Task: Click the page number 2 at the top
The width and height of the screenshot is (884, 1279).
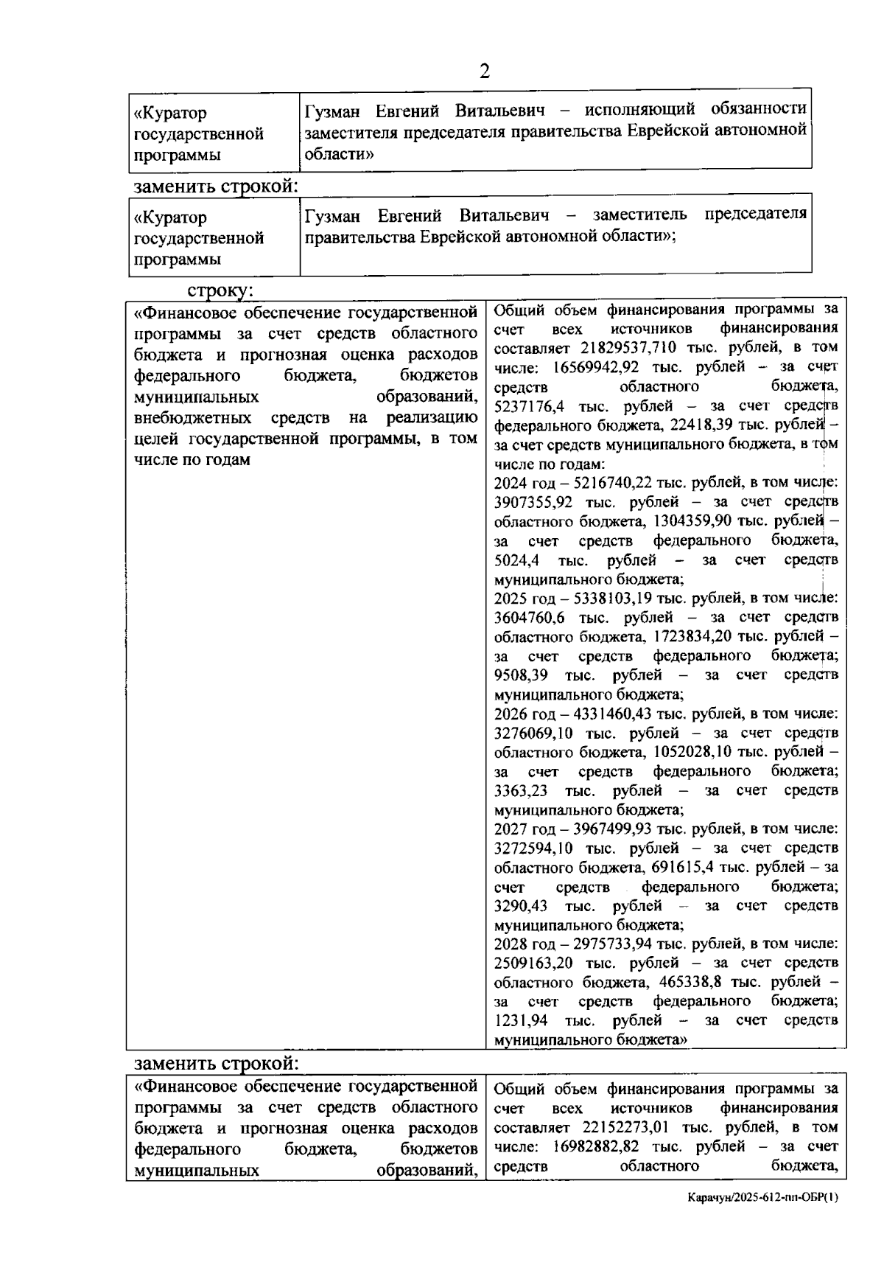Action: pyautogui.click(x=484, y=72)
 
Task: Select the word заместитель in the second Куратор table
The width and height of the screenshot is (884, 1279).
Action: pyautogui.click(x=639, y=215)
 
